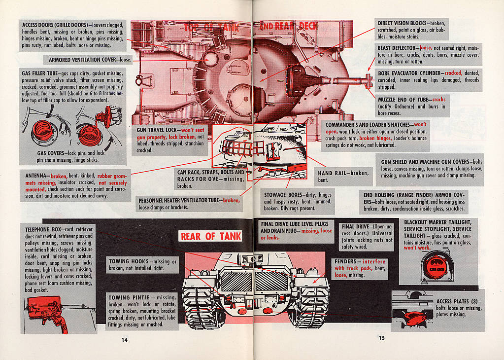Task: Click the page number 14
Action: tap(125, 339)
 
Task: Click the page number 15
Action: tap(381, 338)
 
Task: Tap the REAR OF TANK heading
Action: tap(211, 236)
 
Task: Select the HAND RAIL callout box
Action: tap(343, 177)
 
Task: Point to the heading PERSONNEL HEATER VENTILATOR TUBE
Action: tap(179, 201)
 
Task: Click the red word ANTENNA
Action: tap(37, 176)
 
